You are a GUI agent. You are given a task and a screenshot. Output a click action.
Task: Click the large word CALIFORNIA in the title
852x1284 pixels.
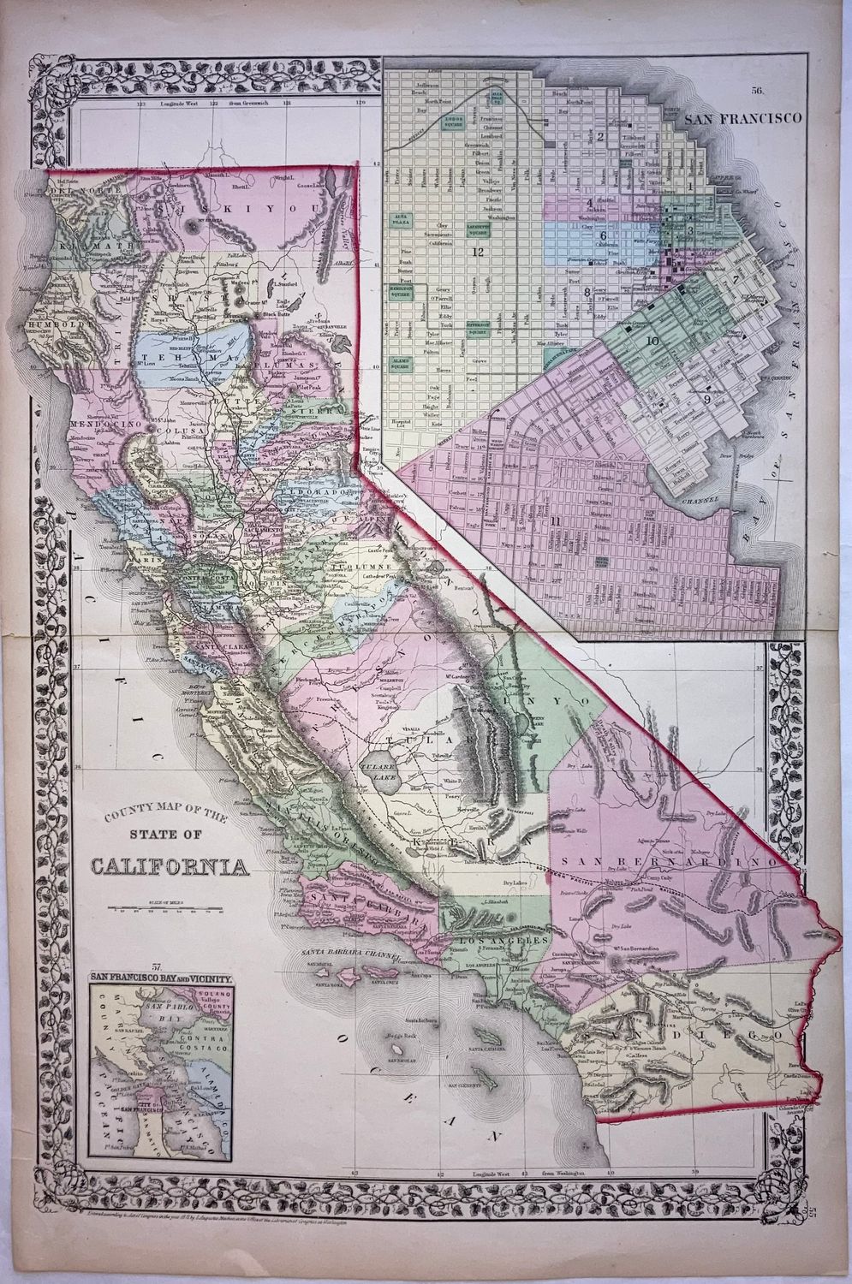[x=171, y=868]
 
